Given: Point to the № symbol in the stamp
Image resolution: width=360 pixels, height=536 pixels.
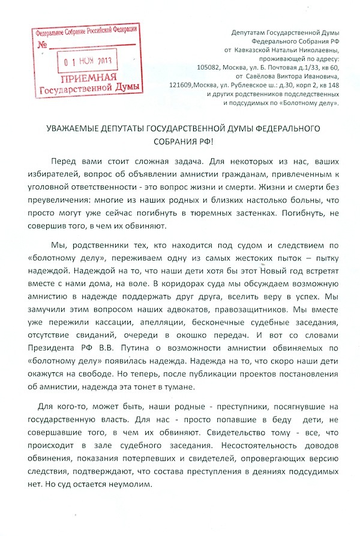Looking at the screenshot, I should coord(43,45).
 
